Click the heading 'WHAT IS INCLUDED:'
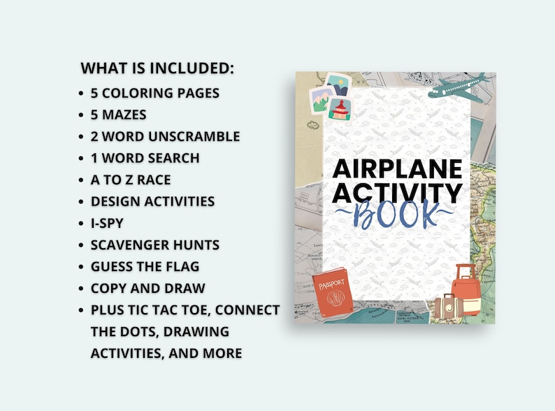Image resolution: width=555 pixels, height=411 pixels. tap(157, 68)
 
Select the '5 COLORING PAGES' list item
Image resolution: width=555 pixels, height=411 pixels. tap(155, 92)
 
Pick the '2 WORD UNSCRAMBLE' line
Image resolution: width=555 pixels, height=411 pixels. tap(165, 136)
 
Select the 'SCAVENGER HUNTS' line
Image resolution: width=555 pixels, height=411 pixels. tap(154, 245)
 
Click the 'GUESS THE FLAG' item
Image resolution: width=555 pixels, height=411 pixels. tap(145, 266)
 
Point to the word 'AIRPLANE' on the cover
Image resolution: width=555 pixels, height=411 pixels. tap(396, 170)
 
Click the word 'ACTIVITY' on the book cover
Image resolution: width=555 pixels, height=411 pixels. tap(397, 193)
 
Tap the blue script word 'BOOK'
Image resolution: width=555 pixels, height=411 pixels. tap(396, 213)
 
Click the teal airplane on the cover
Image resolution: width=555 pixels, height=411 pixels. tap(454, 87)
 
